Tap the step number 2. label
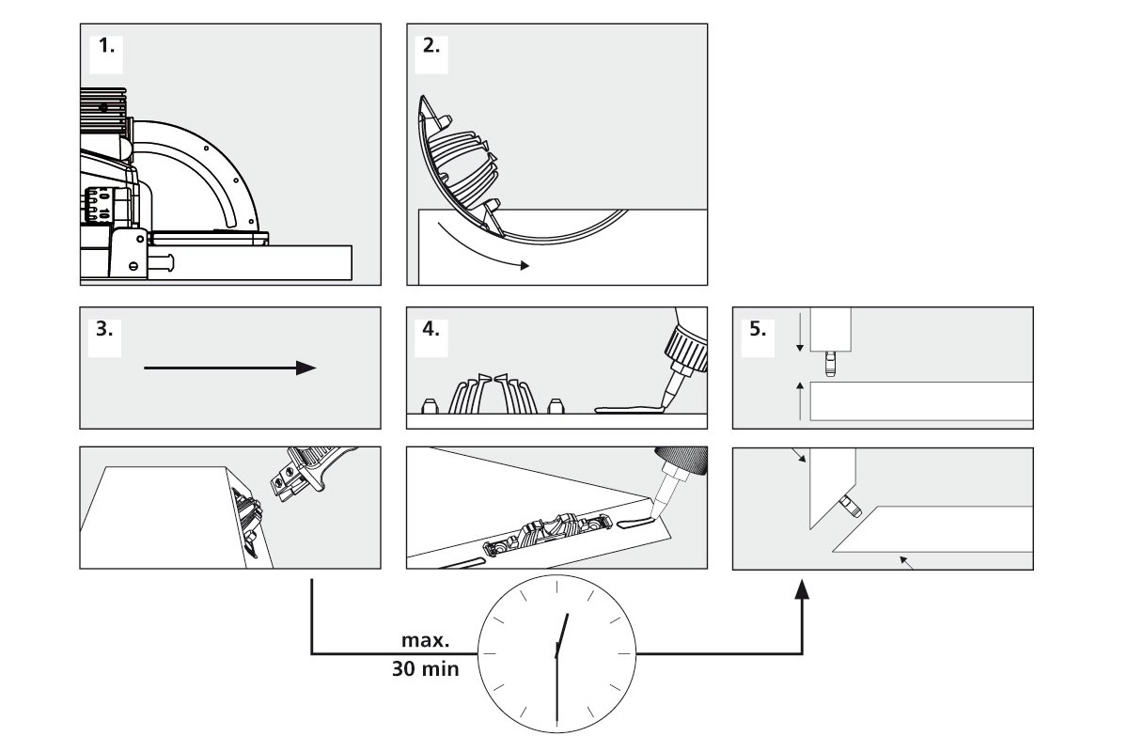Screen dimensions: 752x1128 point(431,47)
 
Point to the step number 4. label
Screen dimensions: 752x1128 point(431,330)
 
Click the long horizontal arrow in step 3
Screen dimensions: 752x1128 point(229,368)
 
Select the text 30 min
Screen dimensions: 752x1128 point(425,670)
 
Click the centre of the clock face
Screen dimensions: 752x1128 point(557,650)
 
